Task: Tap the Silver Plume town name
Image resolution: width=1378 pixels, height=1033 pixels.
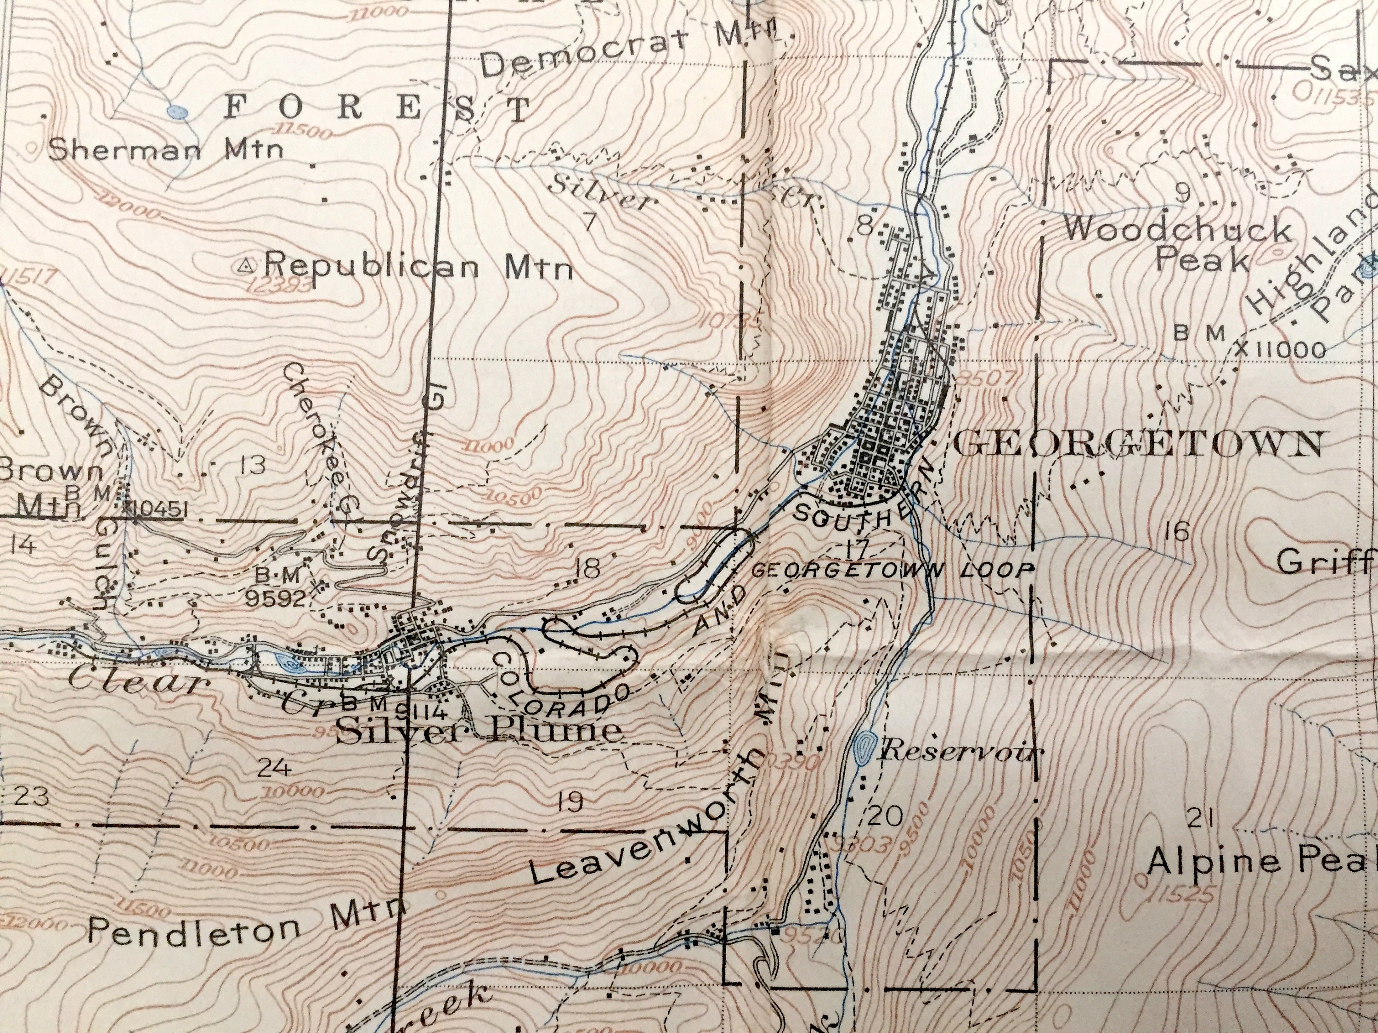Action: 480,730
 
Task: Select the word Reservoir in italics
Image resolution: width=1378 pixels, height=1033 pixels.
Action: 960,751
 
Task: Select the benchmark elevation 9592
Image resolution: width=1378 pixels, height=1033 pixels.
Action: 275,598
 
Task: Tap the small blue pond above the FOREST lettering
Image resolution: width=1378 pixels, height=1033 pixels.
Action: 178,112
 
